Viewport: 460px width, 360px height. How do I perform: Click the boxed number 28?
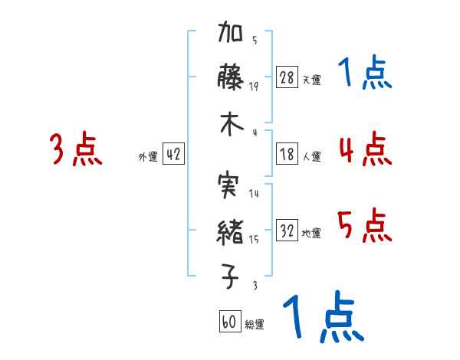click(287, 78)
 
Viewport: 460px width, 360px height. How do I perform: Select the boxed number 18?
click(287, 155)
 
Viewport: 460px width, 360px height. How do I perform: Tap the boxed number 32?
click(287, 231)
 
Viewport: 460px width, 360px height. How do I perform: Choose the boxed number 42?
click(173, 155)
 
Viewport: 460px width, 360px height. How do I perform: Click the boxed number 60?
click(228, 322)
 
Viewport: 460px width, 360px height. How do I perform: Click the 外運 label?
click(147, 156)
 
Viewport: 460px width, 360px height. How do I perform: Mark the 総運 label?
click(254, 324)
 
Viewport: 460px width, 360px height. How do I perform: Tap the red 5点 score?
click(364, 226)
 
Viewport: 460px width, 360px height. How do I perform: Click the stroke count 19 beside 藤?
click(254, 86)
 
